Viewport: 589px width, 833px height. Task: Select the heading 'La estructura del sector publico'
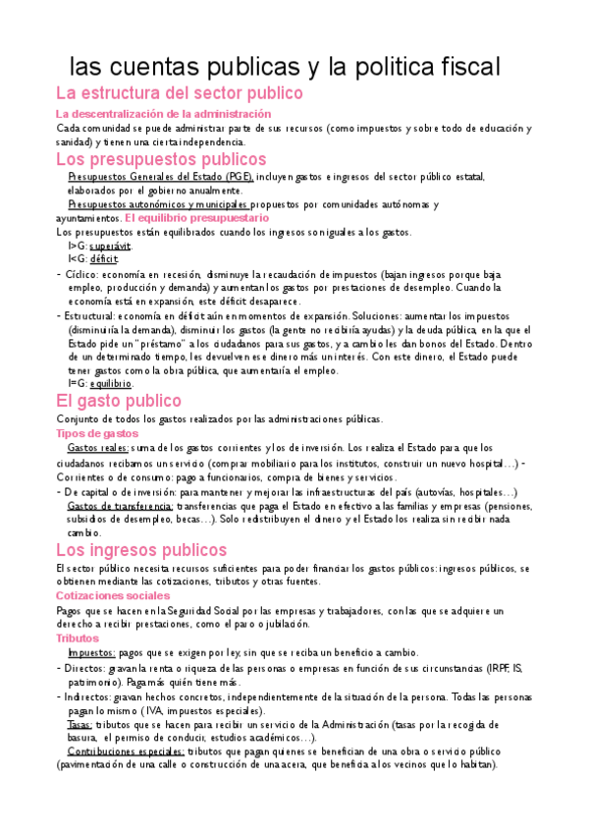[179, 94]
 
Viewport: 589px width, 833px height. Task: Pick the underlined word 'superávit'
[109, 245]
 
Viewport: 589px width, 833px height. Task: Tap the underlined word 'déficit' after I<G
[103, 258]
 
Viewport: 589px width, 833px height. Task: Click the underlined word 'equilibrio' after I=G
[110, 383]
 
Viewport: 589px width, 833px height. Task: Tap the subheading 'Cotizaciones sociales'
[113, 595]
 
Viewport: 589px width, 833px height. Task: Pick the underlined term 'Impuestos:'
[91, 652]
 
